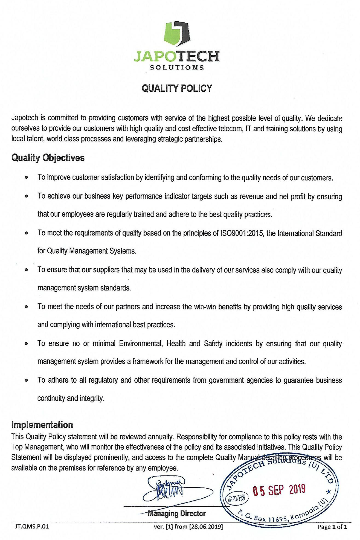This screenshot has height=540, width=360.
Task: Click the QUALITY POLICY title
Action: coord(177,88)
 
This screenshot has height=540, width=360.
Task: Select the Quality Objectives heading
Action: coord(48,158)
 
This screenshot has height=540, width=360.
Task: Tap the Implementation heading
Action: coord(42,425)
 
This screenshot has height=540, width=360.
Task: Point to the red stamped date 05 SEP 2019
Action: coord(279,490)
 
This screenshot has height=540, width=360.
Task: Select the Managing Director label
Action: coord(176,513)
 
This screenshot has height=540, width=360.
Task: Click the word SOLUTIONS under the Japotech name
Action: coord(177,68)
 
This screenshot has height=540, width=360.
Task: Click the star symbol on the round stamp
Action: coord(329,492)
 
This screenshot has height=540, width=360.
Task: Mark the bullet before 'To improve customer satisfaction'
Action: coord(26,178)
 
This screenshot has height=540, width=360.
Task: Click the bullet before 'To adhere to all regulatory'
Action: coord(26,380)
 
